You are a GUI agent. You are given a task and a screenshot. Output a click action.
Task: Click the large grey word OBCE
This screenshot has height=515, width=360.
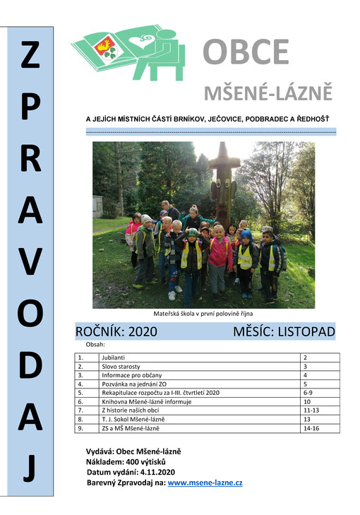(x=246, y=52)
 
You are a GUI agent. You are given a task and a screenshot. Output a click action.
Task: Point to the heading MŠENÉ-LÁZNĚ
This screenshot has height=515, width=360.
(x=268, y=93)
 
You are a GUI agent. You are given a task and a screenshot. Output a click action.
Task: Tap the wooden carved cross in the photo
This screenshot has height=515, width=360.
(x=222, y=177)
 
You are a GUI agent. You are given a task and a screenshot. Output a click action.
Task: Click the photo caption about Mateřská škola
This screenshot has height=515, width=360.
(x=203, y=313)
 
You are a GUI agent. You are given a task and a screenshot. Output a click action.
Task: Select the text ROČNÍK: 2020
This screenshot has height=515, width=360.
(x=116, y=331)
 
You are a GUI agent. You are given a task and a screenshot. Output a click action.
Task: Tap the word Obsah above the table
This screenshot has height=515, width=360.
(x=95, y=344)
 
